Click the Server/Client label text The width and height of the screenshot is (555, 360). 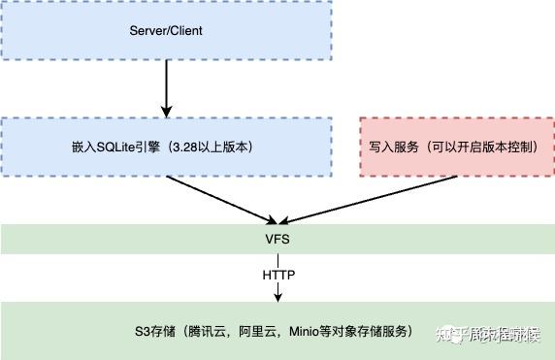click(166, 30)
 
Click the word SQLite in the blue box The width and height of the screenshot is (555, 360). click(101, 147)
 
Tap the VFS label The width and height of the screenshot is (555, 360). click(277, 238)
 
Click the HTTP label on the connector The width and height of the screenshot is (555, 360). click(277, 275)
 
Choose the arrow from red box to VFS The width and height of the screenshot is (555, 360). click(340, 200)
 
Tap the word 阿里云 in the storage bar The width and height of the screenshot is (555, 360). click(259, 331)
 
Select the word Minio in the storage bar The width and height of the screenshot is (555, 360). click(305, 331)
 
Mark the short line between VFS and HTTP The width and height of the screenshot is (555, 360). click(277, 258)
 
